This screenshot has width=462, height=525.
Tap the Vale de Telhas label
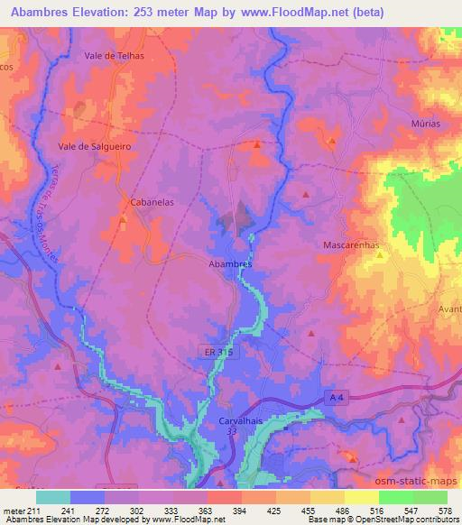[114, 55]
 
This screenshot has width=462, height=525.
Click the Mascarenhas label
[351, 244]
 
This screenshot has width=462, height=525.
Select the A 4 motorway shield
[337, 398]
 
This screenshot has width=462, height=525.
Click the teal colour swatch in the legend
[52, 497]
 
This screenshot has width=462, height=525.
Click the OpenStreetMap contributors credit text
[410, 520]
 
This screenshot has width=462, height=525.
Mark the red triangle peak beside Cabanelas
[124, 219]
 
